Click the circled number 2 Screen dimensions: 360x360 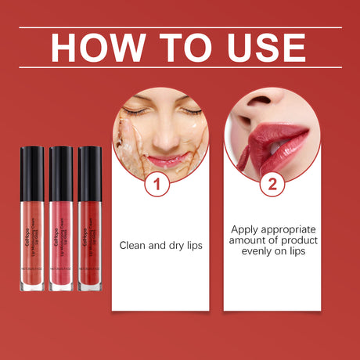tap(272, 185)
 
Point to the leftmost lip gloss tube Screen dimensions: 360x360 tap(33, 218)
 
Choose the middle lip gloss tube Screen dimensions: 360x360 tap(61, 218)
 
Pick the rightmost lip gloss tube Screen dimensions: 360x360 tap(89, 218)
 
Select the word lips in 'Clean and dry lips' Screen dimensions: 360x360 tap(193, 245)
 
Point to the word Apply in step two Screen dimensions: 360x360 tap(246, 229)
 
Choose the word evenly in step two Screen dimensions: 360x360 tap(249, 252)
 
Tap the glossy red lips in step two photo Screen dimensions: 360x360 tap(278, 141)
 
